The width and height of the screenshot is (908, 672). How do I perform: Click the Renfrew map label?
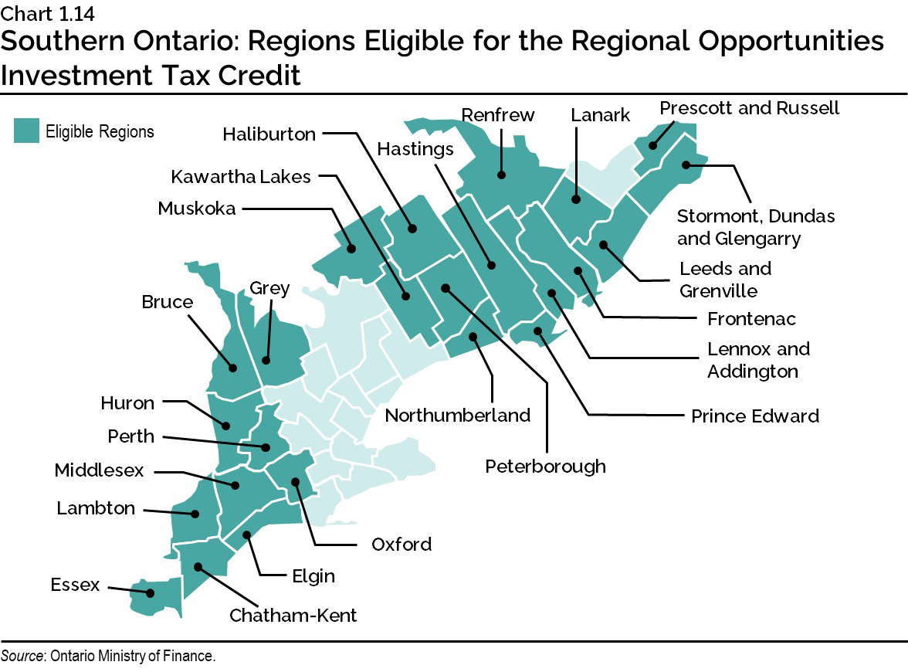pyautogui.click(x=497, y=115)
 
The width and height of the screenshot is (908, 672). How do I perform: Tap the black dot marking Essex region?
pyautogui.click(x=151, y=593)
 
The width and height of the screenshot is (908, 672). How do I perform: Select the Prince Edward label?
pyautogui.click(x=754, y=416)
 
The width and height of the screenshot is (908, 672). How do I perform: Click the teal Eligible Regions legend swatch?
pyautogui.click(x=27, y=131)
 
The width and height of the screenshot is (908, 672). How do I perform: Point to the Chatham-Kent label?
pyautogui.click(x=293, y=616)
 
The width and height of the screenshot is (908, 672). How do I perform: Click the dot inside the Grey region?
pyautogui.click(x=266, y=360)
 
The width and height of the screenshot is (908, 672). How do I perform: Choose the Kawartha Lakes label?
pyautogui.click(x=241, y=177)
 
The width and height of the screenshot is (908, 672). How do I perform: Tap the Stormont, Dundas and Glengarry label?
pyautogui.click(x=755, y=227)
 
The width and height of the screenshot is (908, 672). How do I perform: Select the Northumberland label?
pyautogui.click(x=458, y=416)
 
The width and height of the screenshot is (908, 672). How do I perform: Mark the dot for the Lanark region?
pyautogui.click(x=576, y=199)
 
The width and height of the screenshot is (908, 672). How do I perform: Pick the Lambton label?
pyautogui.click(x=96, y=508)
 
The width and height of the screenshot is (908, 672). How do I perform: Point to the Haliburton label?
pyautogui.click(x=269, y=134)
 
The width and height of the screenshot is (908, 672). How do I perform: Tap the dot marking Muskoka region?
pyautogui.click(x=351, y=249)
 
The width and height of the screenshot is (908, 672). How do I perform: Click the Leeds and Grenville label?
pyautogui.click(x=724, y=280)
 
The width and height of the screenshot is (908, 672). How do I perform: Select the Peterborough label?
pyautogui.click(x=545, y=466)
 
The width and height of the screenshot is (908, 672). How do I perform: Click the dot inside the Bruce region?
pyautogui.click(x=230, y=368)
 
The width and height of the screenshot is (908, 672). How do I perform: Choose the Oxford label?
pyautogui.click(x=401, y=545)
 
